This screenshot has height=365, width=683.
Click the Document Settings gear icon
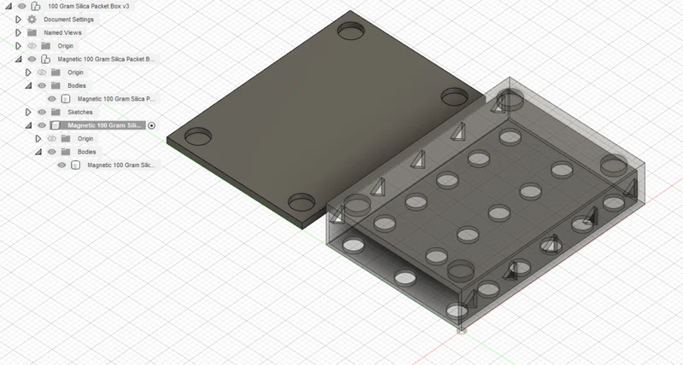click(32, 20)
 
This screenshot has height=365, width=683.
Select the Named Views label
click(62, 32)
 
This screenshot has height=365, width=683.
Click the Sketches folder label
click(80, 113)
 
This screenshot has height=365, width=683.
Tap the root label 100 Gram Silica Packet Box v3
click(89, 6)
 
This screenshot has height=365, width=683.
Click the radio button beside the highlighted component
click(152, 125)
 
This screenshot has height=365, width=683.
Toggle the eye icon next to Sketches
click(42, 113)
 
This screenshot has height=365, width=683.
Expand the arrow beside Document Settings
click(18, 20)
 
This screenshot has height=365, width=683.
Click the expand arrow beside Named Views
click(18, 32)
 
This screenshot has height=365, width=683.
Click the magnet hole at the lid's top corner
click(351, 31)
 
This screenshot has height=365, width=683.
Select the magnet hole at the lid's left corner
click(198, 136)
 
